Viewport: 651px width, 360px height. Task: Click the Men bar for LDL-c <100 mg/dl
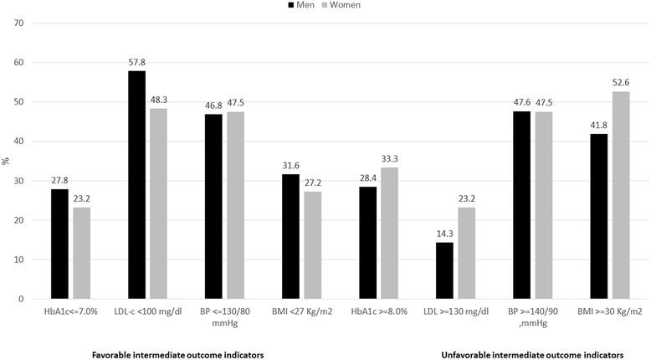(x=136, y=185)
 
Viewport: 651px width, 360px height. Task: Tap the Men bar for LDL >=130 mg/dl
(x=444, y=270)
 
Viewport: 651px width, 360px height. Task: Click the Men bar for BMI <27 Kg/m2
(x=290, y=236)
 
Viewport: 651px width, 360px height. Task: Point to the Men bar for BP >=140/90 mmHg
(x=521, y=205)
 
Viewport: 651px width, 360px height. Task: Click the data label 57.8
(x=136, y=62)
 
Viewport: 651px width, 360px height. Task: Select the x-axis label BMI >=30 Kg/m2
(x=610, y=311)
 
